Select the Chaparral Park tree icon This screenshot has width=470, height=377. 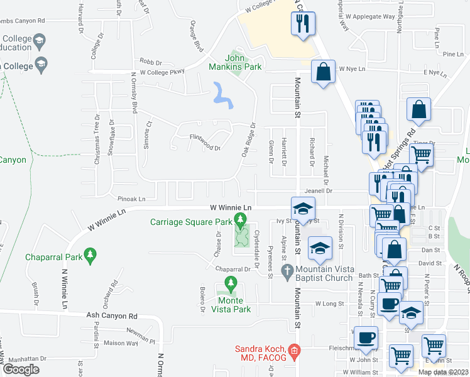pyautogui.click(x=91, y=256)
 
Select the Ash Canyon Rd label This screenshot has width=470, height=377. pyautogui.click(x=112, y=316)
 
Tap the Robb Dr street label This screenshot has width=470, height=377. pyautogui.click(x=151, y=62)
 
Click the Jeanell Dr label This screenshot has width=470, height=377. pyautogui.click(x=318, y=190)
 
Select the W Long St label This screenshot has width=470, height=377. pyautogui.click(x=329, y=303)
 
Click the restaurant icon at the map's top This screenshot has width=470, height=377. pyautogui.click(x=302, y=24)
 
